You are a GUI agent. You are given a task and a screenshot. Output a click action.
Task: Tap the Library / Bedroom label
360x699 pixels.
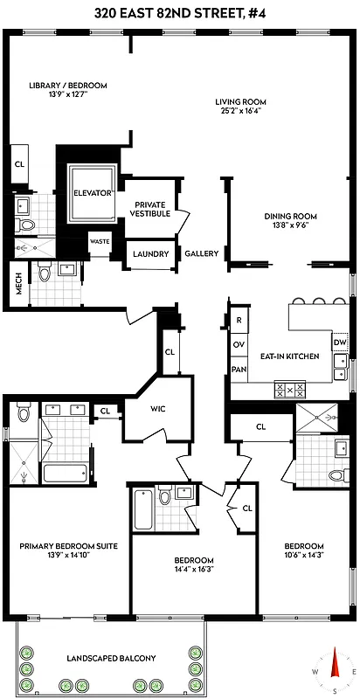[x=67, y=85]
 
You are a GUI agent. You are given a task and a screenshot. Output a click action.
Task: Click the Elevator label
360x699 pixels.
[x=92, y=192]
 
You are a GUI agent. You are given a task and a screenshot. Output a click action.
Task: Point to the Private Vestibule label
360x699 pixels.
[x=150, y=208]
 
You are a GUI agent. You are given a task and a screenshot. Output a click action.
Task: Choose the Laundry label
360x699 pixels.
[x=150, y=254]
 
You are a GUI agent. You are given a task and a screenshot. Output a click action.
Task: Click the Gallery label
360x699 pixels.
[x=201, y=254]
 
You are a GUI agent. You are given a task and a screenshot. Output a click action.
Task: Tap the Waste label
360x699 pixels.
[x=99, y=242]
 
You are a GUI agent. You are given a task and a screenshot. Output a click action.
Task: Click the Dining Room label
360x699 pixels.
[x=290, y=217]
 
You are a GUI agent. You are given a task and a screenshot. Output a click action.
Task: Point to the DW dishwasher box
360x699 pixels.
[x=340, y=342]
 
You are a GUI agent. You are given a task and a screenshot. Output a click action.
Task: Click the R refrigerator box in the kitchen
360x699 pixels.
[x=239, y=321]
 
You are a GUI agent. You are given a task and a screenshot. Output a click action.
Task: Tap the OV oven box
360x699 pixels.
[x=239, y=344]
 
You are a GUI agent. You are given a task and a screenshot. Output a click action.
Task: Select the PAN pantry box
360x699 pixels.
[x=239, y=369]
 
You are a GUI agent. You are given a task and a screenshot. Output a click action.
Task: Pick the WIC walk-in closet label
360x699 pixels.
[x=158, y=409]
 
